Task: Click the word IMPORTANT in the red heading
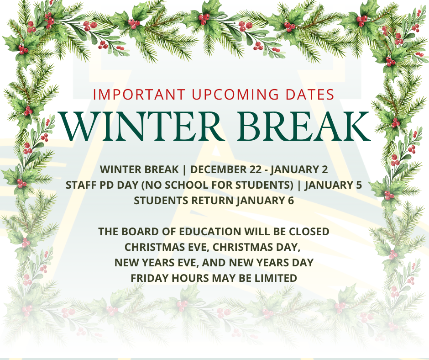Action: (139, 95)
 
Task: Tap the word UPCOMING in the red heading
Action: (235, 95)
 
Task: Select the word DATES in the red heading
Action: (310, 95)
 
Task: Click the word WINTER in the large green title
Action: (141, 126)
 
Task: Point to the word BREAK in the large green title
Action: (303, 126)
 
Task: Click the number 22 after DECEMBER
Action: (256, 169)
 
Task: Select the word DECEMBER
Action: (218, 169)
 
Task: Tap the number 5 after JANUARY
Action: (359, 185)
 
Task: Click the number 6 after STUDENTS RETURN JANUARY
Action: (291, 201)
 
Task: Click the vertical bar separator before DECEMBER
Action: (184, 169)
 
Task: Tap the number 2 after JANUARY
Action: (325, 169)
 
